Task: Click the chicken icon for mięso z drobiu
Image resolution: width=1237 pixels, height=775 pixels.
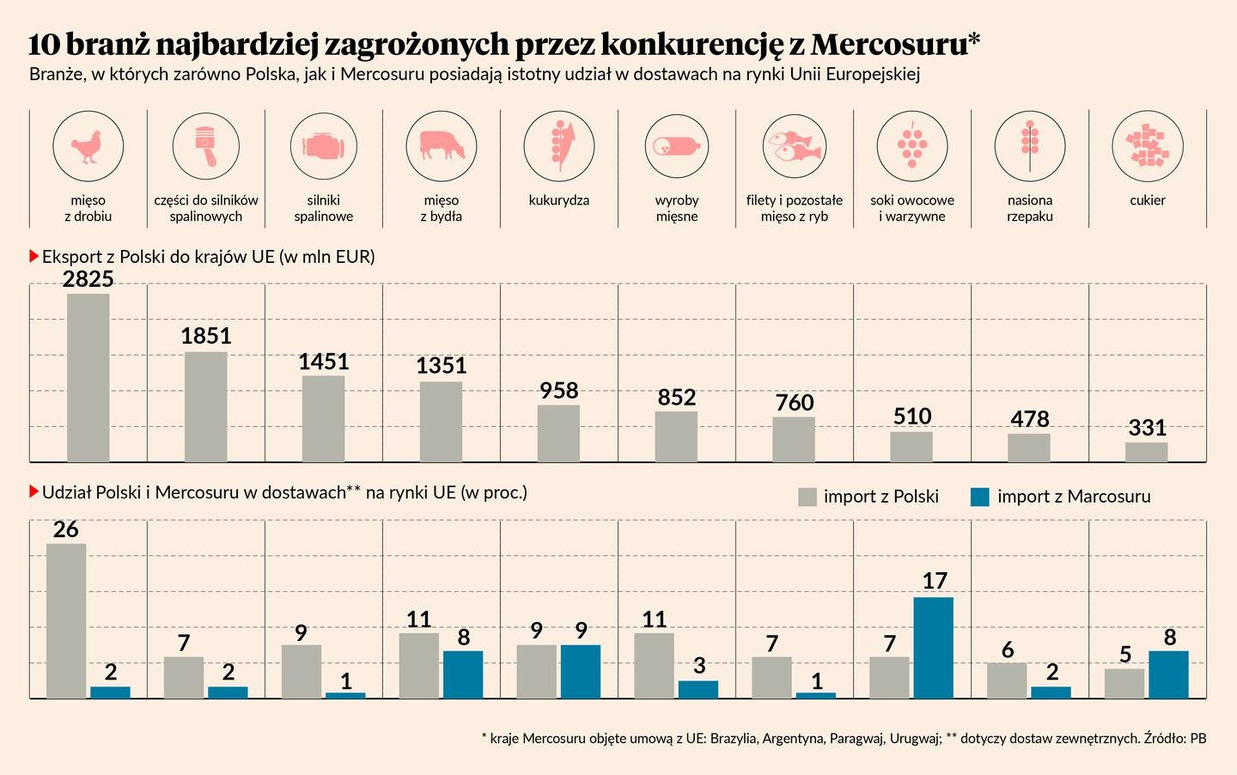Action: click(88, 146)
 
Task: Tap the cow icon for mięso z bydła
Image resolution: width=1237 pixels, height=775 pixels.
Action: click(442, 146)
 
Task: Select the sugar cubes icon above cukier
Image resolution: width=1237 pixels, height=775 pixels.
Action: click(1148, 146)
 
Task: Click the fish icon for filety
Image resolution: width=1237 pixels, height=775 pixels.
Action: click(795, 146)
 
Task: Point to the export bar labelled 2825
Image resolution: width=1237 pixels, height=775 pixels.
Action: click(88, 378)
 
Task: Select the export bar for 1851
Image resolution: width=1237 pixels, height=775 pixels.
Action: click(206, 406)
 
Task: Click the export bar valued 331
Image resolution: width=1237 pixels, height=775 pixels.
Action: click(1147, 452)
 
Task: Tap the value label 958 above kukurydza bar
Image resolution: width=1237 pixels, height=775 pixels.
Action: click(559, 391)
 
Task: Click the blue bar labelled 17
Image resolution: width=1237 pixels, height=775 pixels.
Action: click(934, 648)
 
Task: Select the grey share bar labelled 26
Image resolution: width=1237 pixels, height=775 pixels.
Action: click(66, 620)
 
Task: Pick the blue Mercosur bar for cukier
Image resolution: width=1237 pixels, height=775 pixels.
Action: click(1168, 674)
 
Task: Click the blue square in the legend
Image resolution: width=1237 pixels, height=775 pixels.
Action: click(980, 497)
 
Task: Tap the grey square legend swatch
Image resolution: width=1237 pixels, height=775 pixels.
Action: click(807, 497)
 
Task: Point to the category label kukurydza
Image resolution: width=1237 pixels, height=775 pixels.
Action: click(559, 200)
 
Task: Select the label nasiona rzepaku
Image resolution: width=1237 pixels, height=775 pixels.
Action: click(1030, 208)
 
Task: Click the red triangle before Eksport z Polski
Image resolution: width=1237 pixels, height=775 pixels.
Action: click(34, 256)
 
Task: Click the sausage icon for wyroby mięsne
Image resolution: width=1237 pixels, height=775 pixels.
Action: click(677, 146)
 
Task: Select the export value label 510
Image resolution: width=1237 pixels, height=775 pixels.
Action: click(912, 417)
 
